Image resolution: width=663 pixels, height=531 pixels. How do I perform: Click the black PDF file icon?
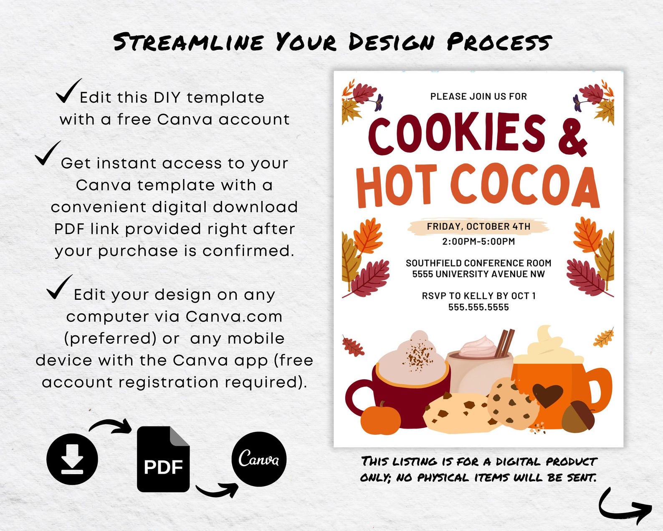(163, 459)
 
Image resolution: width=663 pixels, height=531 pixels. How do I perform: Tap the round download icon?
(72, 459)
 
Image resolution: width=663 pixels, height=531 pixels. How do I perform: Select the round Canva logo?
(259, 459)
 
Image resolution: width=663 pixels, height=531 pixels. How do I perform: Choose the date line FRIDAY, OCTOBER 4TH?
(478, 227)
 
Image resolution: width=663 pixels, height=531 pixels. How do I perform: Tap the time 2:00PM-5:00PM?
(478, 242)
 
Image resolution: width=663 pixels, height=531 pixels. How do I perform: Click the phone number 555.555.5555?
(478, 307)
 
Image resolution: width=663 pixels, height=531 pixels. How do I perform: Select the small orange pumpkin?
(380, 419)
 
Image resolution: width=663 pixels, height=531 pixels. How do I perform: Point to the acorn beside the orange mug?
(579, 416)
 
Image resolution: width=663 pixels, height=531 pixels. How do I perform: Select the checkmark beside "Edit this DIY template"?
(68, 91)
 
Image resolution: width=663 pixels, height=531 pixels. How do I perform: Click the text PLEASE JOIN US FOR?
(478, 97)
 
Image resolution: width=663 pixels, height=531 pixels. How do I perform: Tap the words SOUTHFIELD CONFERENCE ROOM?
(478, 263)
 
